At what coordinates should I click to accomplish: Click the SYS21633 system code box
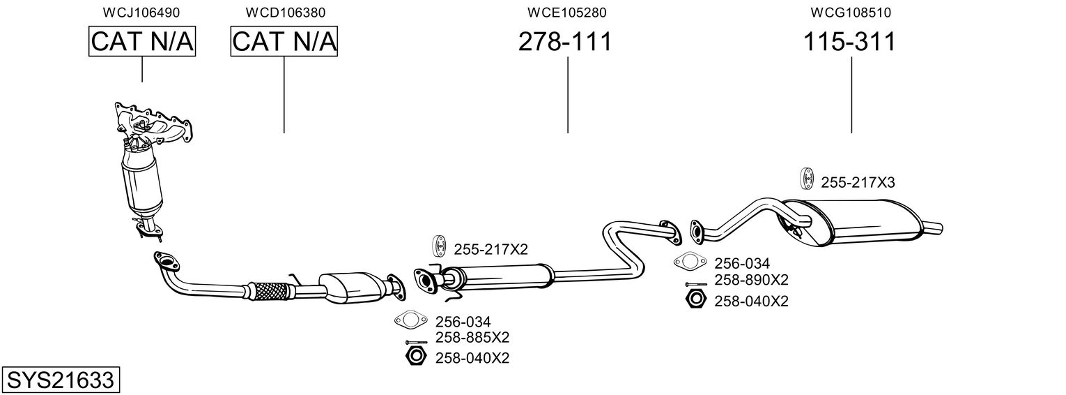pyautogui.click(x=61, y=380)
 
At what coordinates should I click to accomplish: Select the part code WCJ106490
pyautogui.click(x=141, y=13)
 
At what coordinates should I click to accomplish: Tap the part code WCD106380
pyautogui.click(x=285, y=13)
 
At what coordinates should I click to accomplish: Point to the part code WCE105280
pyautogui.click(x=567, y=13)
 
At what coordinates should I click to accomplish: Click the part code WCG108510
pyautogui.click(x=851, y=13)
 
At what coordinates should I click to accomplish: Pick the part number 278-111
pyautogui.click(x=565, y=42)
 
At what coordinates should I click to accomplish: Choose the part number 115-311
pyautogui.click(x=849, y=42)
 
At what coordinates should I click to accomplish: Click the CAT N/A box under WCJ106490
pyautogui.click(x=142, y=42)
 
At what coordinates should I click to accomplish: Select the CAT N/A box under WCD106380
pyautogui.click(x=284, y=42)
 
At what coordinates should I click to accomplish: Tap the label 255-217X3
pyautogui.click(x=858, y=183)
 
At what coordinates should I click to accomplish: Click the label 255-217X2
pyautogui.click(x=491, y=249)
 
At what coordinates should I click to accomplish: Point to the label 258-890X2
pyautogui.click(x=751, y=281)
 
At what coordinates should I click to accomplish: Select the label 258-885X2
pyautogui.click(x=472, y=338)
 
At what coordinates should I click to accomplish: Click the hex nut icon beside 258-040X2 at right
pyautogui.click(x=696, y=301)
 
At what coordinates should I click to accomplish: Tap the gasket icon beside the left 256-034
pyautogui.click(x=410, y=321)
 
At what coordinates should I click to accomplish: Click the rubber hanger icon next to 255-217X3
pyautogui.click(x=806, y=179)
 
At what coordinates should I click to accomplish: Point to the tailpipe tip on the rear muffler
pyautogui.click(x=933, y=226)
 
